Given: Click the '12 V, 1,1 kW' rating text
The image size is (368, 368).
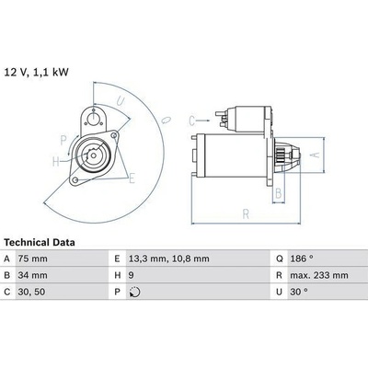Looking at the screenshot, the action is pyautogui.click(x=36, y=73).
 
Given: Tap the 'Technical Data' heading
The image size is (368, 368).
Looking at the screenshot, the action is pyautogui.click(x=40, y=243).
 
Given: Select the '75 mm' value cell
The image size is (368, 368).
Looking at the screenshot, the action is pyautogui.click(x=32, y=259).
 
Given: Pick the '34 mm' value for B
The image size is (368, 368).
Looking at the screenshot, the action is pyautogui.click(x=32, y=275).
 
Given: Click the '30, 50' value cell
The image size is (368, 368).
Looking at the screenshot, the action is pyautogui.click(x=31, y=292).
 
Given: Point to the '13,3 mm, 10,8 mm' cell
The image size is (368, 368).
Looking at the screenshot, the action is pyautogui.click(x=169, y=259).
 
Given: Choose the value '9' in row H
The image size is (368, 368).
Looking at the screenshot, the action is pyautogui.click(x=132, y=275).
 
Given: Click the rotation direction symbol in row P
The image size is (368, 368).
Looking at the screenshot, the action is pyautogui.click(x=134, y=292).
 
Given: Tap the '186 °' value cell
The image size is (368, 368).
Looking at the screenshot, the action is pyautogui.click(x=302, y=259).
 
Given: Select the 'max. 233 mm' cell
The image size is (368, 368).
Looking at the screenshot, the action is pyautogui.click(x=319, y=275).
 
